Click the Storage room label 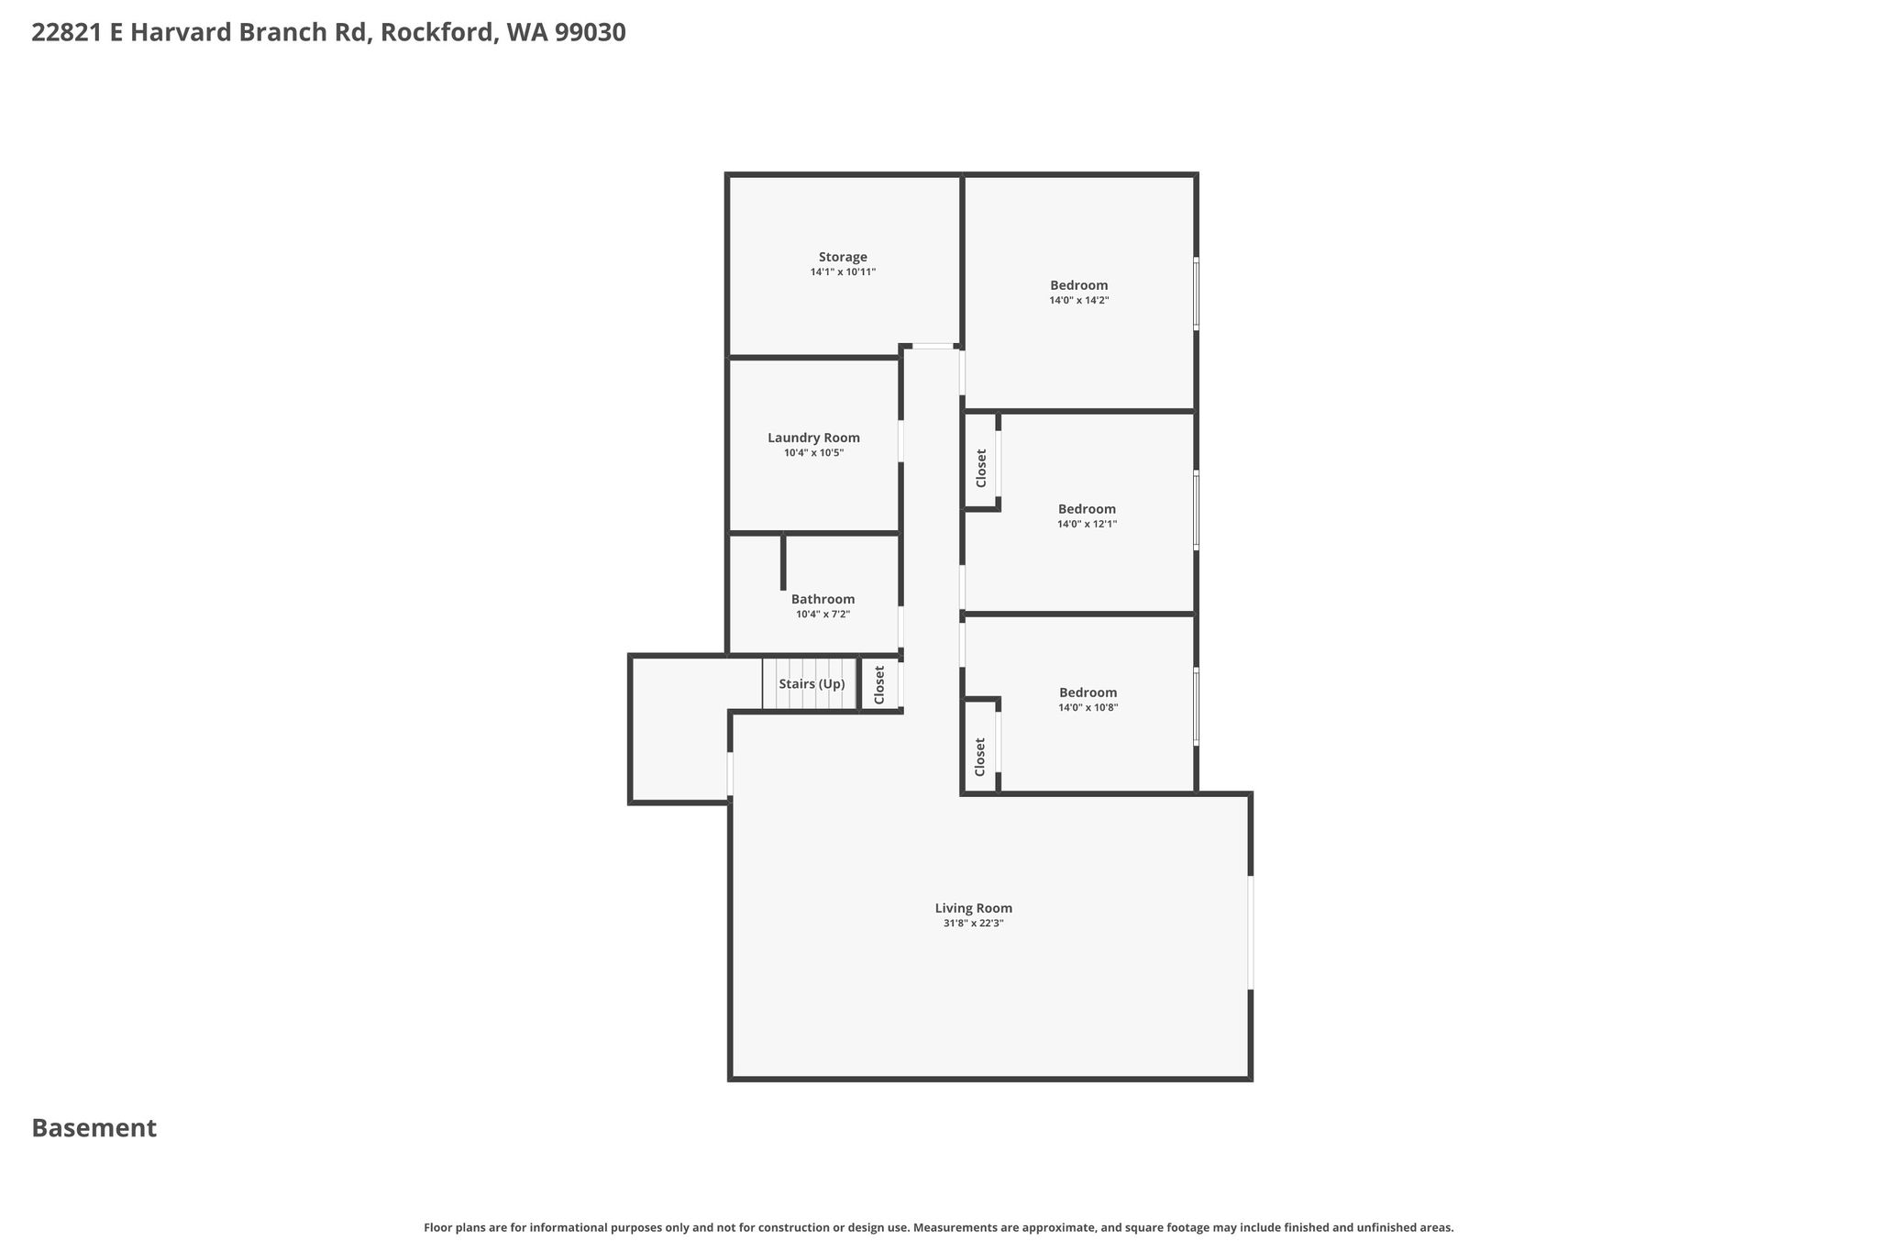pos(843,257)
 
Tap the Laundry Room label pos(813,438)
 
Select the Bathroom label pos(823,599)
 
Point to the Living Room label pos(973,908)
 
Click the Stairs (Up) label pos(812,684)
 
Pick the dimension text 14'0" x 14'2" pos(1079,300)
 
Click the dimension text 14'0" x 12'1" pos(1087,524)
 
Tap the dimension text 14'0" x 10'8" pos(1088,707)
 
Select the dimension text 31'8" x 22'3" pos(973,924)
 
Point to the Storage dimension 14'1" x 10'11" pos(843,272)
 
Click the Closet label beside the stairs pos(879,684)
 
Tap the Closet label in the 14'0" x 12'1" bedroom pos(981,468)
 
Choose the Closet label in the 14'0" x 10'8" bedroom pos(980,757)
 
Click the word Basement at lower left pos(94,1128)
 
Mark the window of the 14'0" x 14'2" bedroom pos(1196,294)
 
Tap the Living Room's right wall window pos(1250,933)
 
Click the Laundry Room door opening pos(900,441)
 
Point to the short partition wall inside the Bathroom pos(783,562)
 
